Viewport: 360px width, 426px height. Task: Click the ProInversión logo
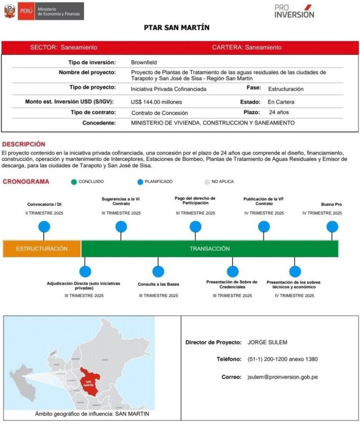click(294, 11)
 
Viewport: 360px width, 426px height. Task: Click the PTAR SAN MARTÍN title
click(177, 28)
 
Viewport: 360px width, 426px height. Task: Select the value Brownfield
click(144, 62)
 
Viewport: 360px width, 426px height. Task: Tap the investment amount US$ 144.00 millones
click(156, 102)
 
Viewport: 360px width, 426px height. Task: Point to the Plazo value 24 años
click(279, 112)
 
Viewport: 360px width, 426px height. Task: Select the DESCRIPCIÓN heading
click(24, 144)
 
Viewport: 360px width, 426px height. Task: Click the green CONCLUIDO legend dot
click(74, 182)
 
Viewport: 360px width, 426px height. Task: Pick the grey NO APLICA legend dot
click(207, 182)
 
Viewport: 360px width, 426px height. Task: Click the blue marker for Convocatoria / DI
click(44, 227)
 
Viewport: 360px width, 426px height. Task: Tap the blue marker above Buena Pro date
click(332, 227)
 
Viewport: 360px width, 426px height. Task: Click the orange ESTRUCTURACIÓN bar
click(42, 249)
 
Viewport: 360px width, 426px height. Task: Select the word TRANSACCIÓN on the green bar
click(210, 249)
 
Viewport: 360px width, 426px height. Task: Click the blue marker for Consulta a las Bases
click(158, 272)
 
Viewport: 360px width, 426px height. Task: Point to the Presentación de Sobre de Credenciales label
click(232, 285)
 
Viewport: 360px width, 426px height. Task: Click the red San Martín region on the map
click(89, 381)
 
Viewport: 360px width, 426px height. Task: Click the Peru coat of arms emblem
click(10, 11)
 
